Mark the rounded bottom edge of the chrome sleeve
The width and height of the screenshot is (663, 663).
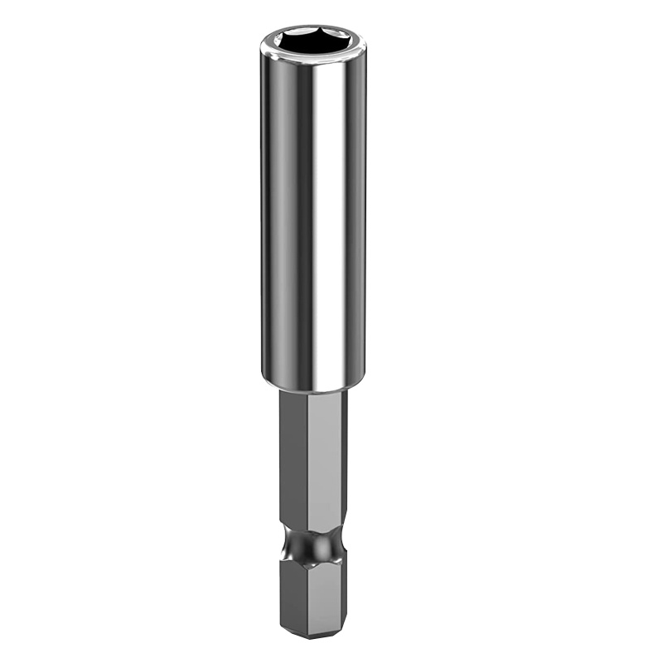coord(313,388)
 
